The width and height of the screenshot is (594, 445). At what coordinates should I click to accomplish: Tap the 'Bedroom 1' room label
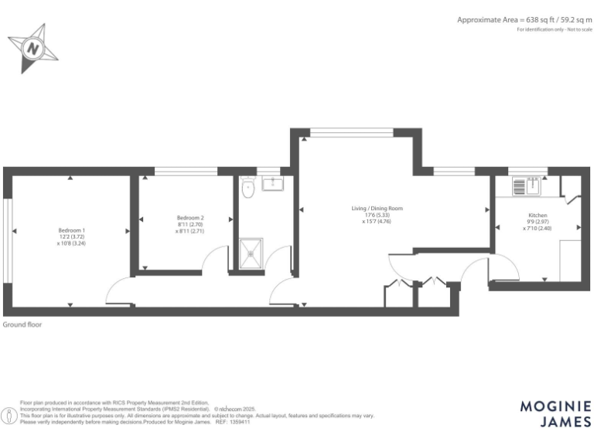point(71,230)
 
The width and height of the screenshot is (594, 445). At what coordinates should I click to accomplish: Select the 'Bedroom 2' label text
point(190,218)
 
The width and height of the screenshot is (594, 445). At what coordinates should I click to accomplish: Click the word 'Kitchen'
point(538,215)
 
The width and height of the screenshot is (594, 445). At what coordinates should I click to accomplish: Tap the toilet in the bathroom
point(248,189)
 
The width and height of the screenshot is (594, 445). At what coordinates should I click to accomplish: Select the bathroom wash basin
point(273,183)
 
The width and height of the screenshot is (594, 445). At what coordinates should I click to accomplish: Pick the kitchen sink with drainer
point(529,185)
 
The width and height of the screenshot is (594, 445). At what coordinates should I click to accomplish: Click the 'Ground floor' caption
point(23,325)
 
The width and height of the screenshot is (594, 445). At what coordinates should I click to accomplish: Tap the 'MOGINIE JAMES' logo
point(555,413)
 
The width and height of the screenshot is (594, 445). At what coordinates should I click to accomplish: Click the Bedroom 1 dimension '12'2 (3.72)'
point(71,237)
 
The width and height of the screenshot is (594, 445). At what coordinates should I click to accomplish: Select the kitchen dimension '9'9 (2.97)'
point(538,222)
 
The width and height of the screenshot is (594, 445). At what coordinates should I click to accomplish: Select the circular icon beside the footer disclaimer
point(9,415)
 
